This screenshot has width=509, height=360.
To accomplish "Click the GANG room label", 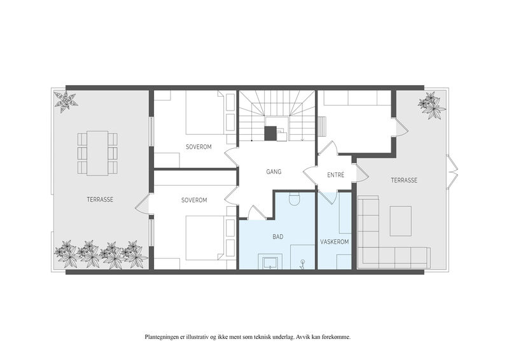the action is tap(274, 172).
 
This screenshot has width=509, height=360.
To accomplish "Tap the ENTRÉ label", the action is tap(336, 175).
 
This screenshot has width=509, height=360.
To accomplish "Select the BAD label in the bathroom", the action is tap(278, 237).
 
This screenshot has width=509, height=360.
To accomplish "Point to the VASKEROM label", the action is tap(335, 242).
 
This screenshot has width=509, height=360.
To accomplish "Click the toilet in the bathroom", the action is tap(294, 198).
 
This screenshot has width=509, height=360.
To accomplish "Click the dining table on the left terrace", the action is tap(97, 153).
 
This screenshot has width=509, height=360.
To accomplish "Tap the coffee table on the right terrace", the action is tap(401, 221).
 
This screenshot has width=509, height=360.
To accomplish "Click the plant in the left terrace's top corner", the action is tap(66, 102).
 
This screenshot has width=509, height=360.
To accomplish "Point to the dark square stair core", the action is tap(270, 134).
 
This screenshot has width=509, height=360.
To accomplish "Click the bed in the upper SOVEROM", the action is tap(205, 113).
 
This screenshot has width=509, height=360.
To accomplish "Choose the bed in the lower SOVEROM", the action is tap(205, 237).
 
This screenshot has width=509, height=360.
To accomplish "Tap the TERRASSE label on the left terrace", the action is tap(100, 199).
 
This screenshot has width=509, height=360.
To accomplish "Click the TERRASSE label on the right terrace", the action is tap(404, 180).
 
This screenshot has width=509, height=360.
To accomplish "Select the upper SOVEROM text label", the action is tap(199, 147).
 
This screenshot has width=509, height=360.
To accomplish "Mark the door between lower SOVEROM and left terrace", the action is tap(143, 204).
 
